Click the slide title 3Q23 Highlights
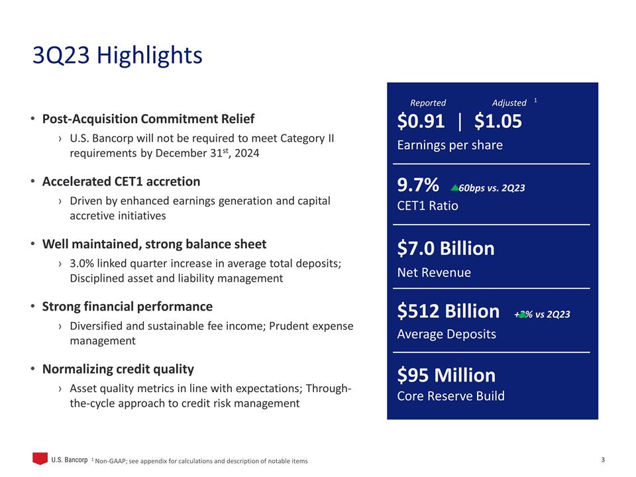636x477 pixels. [x=117, y=56]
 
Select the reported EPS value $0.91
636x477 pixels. [x=421, y=121]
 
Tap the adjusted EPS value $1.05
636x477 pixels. [x=498, y=121]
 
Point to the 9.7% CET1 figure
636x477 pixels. [x=418, y=187]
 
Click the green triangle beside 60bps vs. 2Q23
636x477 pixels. [x=454, y=188]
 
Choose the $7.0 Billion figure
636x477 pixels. [x=446, y=248]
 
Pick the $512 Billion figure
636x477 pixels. [x=449, y=311]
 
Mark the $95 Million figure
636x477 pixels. [x=446, y=375]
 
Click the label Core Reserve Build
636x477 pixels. [x=450, y=396]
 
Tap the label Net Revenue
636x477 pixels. [x=434, y=272]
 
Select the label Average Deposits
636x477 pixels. [x=446, y=334]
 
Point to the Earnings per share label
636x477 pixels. [x=449, y=145]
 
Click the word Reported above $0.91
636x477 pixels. [x=428, y=103]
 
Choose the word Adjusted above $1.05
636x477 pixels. [x=509, y=103]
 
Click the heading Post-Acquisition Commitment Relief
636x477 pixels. [x=148, y=119]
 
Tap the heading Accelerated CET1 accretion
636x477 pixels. [x=121, y=182]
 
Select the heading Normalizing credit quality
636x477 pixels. [x=118, y=369]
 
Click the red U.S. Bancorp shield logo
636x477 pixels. [x=40, y=458]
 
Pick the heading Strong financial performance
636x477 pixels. [x=127, y=307]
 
